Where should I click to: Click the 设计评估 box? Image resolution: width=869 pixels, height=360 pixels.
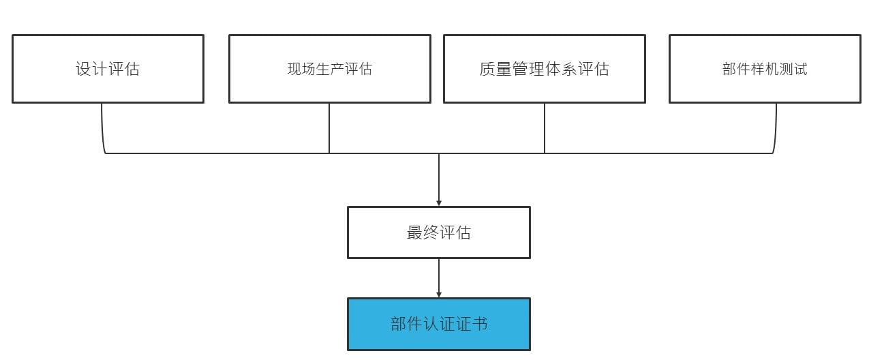click(x=108, y=69)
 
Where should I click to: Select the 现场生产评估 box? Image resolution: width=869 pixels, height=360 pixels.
click(x=329, y=69)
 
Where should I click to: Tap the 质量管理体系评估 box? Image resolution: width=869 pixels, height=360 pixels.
click(x=544, y=69)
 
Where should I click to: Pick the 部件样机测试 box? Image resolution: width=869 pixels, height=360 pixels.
click(x=765, y=69)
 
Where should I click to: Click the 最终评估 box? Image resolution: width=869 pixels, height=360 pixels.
click(x=438, y=232)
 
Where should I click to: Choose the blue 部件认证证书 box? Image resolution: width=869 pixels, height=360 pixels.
click(x=438, y=324)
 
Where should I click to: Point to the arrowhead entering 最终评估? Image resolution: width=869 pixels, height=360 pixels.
click(x=439, y=202)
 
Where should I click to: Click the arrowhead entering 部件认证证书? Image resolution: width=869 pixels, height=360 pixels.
click(x=439, y=294)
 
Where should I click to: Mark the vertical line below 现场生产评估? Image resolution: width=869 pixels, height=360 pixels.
click(x=329, y=128)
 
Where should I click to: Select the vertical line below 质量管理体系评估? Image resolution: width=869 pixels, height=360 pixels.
click(x=545, y=128)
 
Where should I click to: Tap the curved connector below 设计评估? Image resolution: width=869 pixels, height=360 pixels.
click(x=103, y=136)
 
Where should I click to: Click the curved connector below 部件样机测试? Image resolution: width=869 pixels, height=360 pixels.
click(x=776, y=136)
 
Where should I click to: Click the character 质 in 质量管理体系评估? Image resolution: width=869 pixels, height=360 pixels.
click(x=487, y=69)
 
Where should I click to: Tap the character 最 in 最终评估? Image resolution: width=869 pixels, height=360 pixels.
click(x=415, y=232)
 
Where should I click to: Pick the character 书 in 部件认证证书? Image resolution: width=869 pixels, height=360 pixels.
click(x=480, y=324)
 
